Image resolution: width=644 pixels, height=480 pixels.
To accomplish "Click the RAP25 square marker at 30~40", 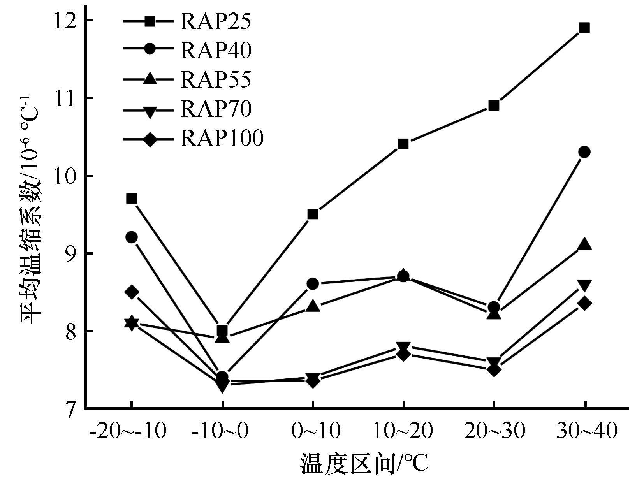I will [x=584, y=28].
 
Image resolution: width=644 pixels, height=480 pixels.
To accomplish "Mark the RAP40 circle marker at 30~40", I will [x=584, y=152].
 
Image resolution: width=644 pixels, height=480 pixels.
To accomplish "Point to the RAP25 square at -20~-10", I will [x=132, y=199].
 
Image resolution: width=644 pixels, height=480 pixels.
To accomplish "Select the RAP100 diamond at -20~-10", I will [x=132, y=292].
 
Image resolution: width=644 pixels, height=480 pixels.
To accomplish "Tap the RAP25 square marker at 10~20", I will [x=403, y=144].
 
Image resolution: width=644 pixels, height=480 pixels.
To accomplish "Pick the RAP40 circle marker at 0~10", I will [x=313, y=284].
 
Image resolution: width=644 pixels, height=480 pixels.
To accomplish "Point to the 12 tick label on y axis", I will [x=65, y=20].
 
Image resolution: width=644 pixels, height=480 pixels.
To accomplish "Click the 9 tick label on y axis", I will [x=70, y=254].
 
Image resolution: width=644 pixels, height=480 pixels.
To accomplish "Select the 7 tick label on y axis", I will [x=70, y=410].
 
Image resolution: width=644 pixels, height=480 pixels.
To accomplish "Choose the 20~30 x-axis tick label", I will [x=494, y=431].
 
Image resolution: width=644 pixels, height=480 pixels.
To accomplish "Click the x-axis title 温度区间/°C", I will [x=364, y=463].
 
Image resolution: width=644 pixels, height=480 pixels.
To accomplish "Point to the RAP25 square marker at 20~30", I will [x=494, y=105].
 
